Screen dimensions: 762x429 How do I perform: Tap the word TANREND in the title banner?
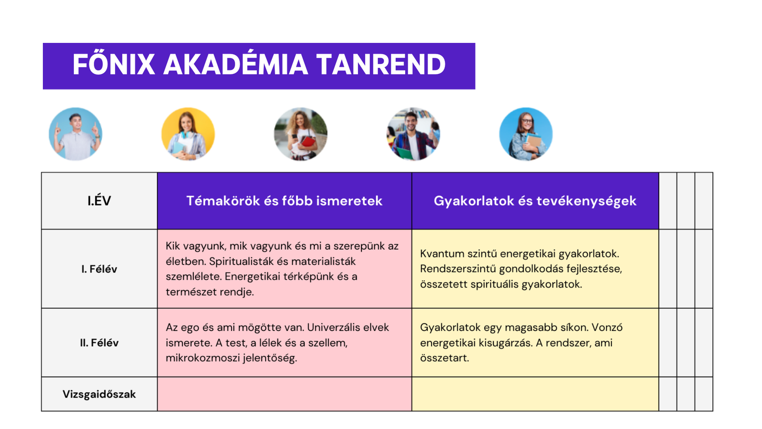pyautogui.click(x=381, y=64)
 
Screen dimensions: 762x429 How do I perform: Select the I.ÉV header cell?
pyautogui.click(x=100, y=201)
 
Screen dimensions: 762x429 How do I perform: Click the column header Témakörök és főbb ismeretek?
pyautogui.click(x=284, y=201)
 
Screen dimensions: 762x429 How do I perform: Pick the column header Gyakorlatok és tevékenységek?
pyautogui.click(x=535, y=201)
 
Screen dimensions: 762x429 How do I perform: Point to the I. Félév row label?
pyautogui.click(x=100, y=269)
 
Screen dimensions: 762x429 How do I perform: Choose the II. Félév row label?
pyautogui.click(x=100, y=343)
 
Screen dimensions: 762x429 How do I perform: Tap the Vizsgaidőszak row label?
pyautogui.click(x=100, y=394)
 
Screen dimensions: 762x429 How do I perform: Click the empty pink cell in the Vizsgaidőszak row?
pyautogui.click(x=284, y=394)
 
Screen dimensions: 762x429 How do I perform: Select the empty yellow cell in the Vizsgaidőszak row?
pyautogui.click(x=535, y=394)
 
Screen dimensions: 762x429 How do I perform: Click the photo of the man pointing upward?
pyautogui.click(x=76, y=134)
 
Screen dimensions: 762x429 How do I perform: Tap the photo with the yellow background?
pyautogui.click(x=188, y=134)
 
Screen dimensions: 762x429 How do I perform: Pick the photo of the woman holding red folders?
pyautogui.click(x=301, y=134)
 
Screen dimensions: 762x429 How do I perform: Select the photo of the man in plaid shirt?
pyautogui.click(x=413, y=134)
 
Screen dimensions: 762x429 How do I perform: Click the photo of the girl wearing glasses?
pyautogui.click(x=526, y=134)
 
